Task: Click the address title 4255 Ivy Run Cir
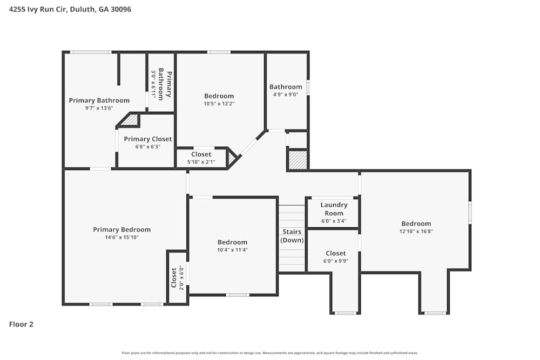tap(70, 9)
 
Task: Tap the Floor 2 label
tap(22, 324)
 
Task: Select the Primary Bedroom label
tap(122, 229)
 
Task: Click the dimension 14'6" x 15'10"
tap(122, 237)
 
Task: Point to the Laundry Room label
tap(334, 209)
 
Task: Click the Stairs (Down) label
tap(292, 236)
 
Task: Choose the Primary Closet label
tap(147, 139)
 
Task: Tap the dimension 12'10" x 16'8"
tap(416, 232)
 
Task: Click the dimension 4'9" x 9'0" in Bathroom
tap(286, 95)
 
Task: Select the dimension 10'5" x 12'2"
tap(219, 104)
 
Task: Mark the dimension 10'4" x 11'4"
tap(232, 250)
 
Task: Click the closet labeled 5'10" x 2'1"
tap(201, 161)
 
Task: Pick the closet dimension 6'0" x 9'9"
tap(336, 261)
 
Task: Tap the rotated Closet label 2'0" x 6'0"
tap(177, 277)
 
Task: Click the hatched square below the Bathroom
tap(297, 160)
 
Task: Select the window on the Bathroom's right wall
tap(308, 87)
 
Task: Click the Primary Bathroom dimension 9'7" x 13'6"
tap(99, 108)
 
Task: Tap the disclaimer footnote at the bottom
tap(270, 353)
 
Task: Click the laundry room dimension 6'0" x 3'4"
tap(334, 221)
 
